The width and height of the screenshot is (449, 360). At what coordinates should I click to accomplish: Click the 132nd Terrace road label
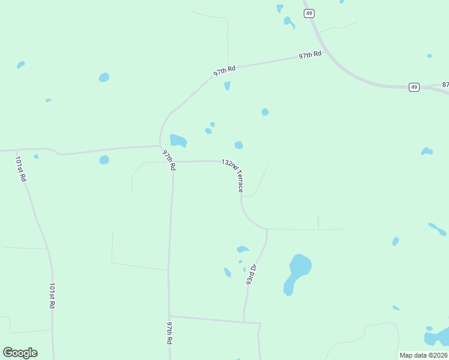(x=232, y=175)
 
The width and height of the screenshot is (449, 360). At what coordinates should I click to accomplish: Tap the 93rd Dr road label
(x=251, y=274)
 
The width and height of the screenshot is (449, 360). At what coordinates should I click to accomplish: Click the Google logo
(x=20, y=353)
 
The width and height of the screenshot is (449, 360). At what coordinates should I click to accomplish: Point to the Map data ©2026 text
(x=423, y=355)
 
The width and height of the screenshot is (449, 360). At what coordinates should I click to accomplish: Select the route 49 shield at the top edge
(x=309, y=13)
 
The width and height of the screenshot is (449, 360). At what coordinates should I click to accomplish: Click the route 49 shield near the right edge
(x=414, y=87)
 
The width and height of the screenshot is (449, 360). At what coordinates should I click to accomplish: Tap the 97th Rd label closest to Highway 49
(x=310, y=55)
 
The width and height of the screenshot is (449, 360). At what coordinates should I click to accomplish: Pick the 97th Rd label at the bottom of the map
(x=170, y=332)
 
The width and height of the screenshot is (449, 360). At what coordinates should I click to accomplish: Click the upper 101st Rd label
(x=20, y=169)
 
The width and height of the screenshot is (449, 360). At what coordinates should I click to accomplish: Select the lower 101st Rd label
(x=52, y=296)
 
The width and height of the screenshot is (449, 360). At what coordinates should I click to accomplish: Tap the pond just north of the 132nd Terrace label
(x=238, y=145)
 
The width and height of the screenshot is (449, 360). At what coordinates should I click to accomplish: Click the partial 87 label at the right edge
(x=445, y=85)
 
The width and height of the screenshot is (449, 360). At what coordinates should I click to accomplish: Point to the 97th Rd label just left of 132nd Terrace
(x=169, y=160)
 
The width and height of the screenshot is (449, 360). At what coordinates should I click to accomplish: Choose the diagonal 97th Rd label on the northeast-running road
(x=224, y=71)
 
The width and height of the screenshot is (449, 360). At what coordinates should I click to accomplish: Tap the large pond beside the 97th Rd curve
(x=178, y=140)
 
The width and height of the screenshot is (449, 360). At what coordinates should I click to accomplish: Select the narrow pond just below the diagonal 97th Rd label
(x=227, y=86)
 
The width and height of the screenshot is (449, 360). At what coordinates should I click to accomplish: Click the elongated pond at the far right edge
(x=437, y=229)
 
